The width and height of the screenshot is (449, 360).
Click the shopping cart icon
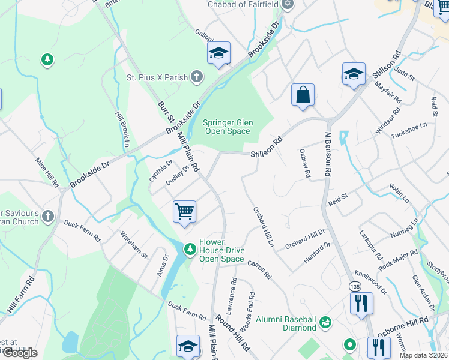click(185, 212)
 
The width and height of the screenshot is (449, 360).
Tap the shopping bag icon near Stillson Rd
click(303, 95)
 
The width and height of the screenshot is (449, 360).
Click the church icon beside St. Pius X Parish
click(196, 77)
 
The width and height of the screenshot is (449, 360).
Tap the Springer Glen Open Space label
click(229, 127)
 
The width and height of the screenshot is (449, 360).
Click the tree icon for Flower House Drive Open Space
click(190, 248)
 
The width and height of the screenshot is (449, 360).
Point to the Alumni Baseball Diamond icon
click(325, 323)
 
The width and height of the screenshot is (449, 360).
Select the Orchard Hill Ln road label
click(263, 228)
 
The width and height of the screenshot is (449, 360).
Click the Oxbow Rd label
click(304, 163)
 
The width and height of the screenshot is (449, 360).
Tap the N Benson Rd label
click(328, 154)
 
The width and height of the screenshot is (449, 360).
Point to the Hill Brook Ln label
click(122, 129)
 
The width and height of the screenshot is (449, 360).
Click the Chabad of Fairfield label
click(243, 4)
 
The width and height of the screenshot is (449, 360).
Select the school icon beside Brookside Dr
click(219, 54)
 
